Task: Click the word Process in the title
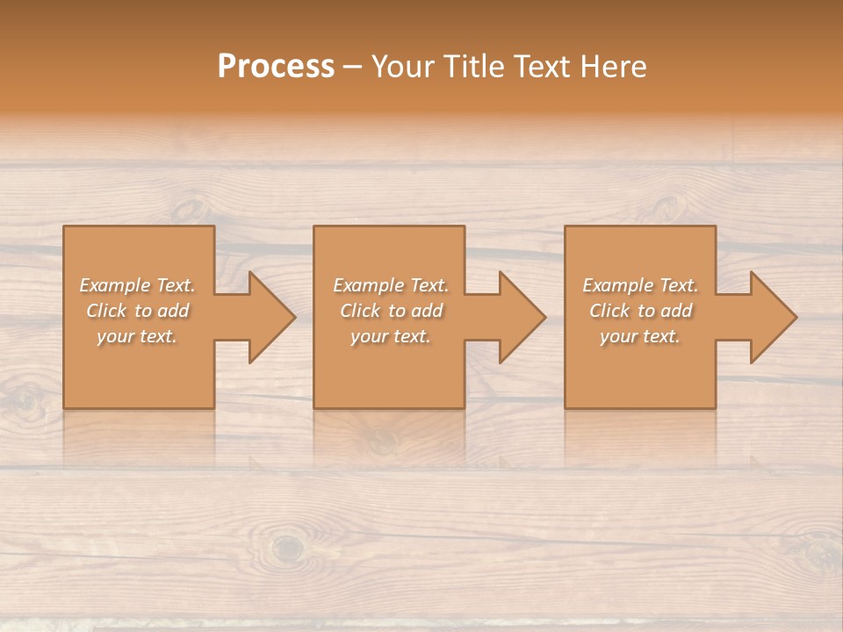point(276,67)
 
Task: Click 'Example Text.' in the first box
point(137,285)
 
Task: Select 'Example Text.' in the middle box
point(390,285)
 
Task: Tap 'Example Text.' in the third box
point(640,285)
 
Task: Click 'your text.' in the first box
point(137,336)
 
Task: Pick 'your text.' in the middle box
point(390,336)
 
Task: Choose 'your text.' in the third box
point(640,336)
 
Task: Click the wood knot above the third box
point(667,208)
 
